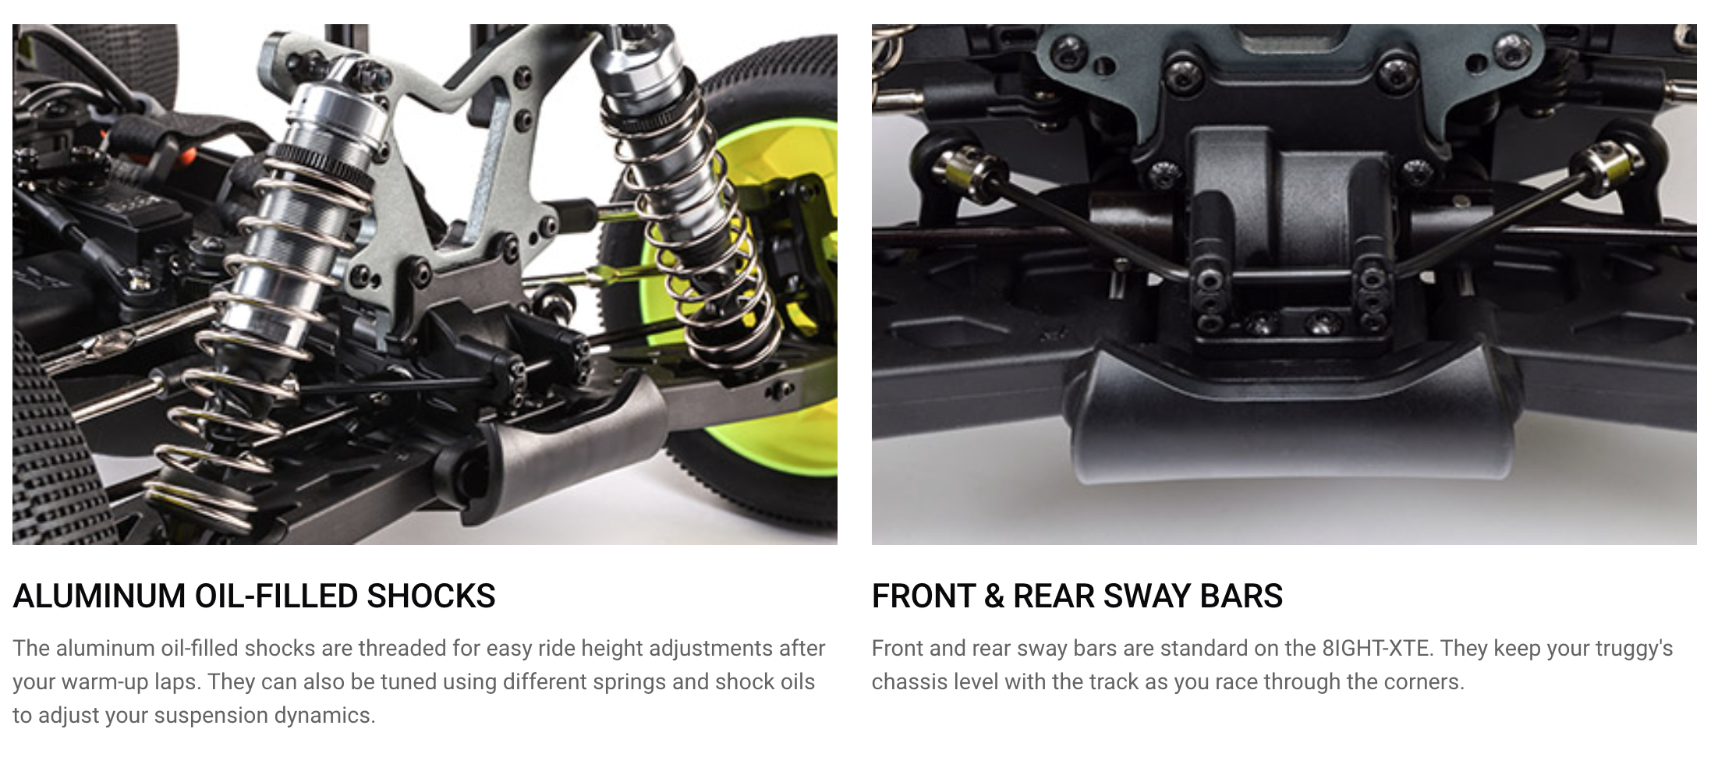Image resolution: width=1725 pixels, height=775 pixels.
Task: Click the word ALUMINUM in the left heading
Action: coord(99,596)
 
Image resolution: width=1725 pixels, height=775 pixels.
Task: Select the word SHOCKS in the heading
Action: coord(431,596)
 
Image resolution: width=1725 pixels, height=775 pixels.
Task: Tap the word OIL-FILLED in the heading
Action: coord(276,596)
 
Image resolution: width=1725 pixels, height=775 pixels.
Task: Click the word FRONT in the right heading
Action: coord(923,596)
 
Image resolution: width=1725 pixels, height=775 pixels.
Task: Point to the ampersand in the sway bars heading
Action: coord(994,596)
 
